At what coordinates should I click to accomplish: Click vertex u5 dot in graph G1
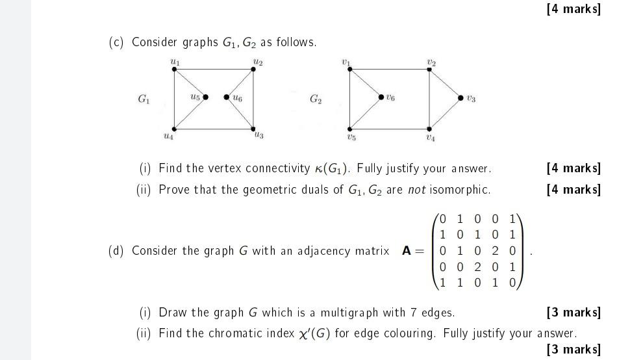click(x=205, y=97)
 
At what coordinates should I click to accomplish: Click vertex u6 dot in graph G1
click(x=226, y=97)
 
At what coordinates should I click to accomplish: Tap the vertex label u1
click(x=174, y=61)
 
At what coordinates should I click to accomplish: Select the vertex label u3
click(x=259, y=135)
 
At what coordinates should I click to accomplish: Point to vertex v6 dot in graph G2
click(x=381, y=97)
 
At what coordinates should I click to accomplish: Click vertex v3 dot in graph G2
click(x=461, y=98)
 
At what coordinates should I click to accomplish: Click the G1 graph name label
click(x=144, y=99)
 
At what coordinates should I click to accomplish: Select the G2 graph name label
click(x=316, y=99)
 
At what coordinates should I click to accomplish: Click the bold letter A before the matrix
click(x=407, y=251)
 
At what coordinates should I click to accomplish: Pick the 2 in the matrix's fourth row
click(x=477, y=266)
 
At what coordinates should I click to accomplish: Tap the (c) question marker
click(x=116, y=42)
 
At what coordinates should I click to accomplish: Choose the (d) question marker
click(x=116, y=251)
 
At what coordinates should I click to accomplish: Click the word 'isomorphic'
click(x=461, y=190)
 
